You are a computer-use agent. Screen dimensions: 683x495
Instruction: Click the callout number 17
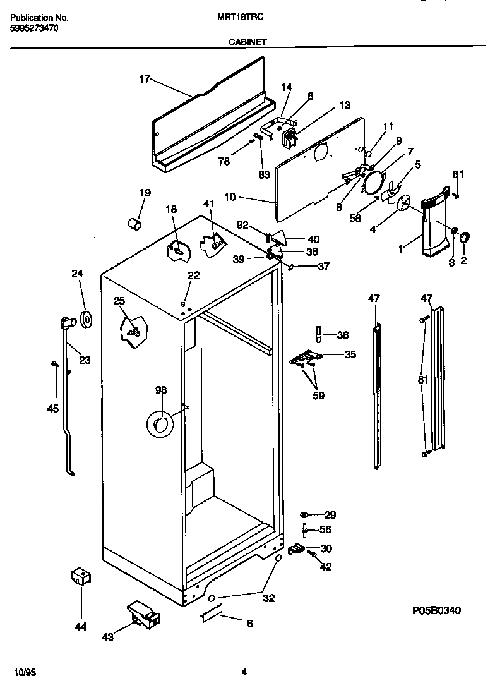coord(144,79)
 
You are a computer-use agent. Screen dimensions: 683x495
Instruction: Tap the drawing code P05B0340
coord(437,610)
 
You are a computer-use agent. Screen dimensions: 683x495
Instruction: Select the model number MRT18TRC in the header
coord(244,18)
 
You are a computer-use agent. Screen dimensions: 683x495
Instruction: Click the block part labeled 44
coord(80,576)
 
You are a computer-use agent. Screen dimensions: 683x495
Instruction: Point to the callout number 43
coord(107,638)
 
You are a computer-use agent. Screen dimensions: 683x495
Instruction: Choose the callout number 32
coord(268,598)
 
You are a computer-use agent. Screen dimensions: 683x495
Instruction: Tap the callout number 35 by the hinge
coord(349,354)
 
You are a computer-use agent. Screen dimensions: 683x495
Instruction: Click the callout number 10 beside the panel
coord(230,197)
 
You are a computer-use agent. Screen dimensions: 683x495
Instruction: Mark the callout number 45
coord(52,408)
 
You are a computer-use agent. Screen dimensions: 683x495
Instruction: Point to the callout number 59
coord(318,396)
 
